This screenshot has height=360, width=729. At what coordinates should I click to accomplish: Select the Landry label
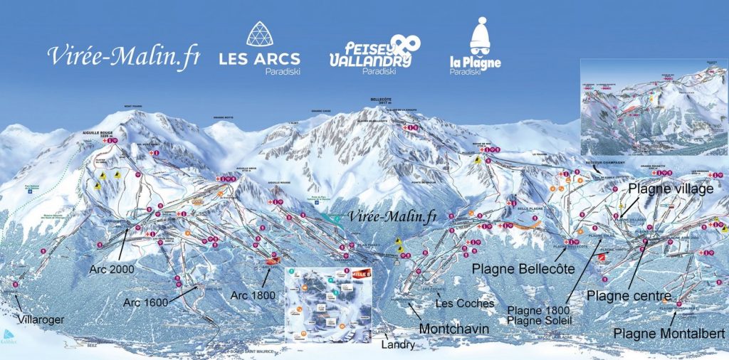pyautogui.click(x=398, y=344)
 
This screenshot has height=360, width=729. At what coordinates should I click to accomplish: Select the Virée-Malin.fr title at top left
pyautogui.click(x=123, y=55)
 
